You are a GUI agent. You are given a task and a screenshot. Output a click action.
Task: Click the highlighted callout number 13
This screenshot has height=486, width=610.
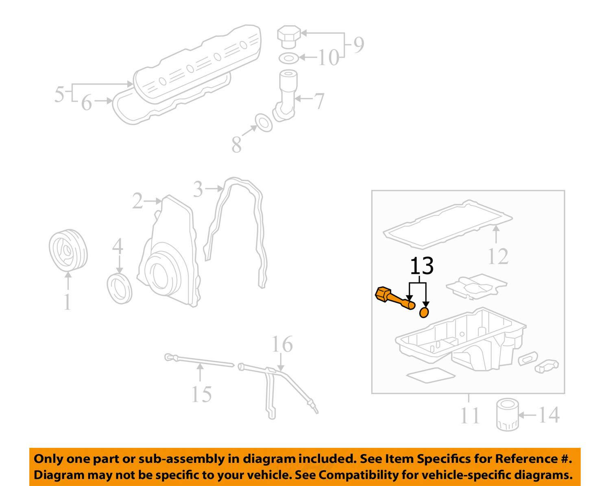coord(421,266)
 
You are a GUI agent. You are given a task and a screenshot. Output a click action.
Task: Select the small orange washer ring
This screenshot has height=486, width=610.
coord(424,312)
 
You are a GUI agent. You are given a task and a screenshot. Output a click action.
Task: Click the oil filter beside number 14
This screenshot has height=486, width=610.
coord(507,415)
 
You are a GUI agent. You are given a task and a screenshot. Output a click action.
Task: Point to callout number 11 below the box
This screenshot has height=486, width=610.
coord(470,415)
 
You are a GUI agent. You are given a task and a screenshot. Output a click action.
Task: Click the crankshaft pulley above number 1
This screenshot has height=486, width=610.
coord(68,250)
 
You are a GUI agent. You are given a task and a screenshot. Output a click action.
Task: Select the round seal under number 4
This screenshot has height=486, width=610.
coord(120,288)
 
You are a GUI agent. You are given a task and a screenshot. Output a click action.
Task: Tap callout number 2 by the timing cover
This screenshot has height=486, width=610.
coord(138,201)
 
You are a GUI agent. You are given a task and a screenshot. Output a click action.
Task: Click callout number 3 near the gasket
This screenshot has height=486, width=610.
coord(198,189)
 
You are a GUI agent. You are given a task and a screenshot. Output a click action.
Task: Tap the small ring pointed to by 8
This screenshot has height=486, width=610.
coord(264,123)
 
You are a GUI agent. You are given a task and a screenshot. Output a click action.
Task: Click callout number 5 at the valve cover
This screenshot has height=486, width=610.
coord(59,94)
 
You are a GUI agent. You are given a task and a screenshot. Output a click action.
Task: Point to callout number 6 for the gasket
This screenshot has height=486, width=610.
coord(86,103)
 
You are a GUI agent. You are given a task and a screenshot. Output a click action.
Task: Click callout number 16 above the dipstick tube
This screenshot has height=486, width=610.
coord(282,344)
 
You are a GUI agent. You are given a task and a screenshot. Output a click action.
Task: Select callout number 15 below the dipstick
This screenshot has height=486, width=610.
coord(202,394)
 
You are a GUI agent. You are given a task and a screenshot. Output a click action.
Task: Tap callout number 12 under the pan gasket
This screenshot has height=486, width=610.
coord(498,256)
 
